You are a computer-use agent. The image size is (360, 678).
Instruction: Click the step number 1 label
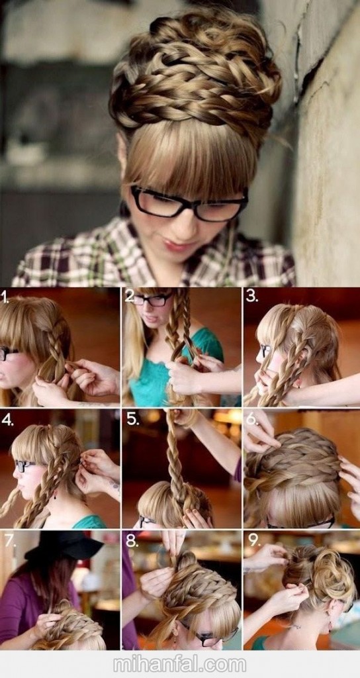point(5,297)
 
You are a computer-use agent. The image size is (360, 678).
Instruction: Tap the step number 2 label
point(129,296)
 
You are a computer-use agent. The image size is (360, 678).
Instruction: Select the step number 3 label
point(251,296)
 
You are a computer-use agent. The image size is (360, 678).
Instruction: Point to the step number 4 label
point(7,419)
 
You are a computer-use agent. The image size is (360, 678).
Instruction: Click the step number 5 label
point(132,419)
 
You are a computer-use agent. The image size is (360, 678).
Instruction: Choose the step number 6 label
point(253,418)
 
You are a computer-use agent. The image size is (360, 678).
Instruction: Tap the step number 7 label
point(9,540)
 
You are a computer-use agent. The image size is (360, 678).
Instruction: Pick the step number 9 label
point(253,540)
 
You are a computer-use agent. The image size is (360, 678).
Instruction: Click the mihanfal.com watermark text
point(179,664)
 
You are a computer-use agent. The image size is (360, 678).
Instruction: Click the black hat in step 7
point(65,546)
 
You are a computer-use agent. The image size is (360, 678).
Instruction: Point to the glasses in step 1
point(8,353)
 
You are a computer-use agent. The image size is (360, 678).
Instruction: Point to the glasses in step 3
point(265,350)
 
